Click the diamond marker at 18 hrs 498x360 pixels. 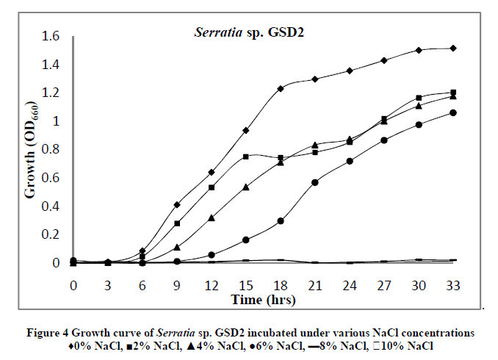click(281, 89)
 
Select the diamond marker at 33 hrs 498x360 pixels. click(453, 48)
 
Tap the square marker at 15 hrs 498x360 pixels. click(246, 156)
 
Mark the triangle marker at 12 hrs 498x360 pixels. click(212, 217)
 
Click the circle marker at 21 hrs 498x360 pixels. click(315, 182)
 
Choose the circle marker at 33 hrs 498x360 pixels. click(453, 113)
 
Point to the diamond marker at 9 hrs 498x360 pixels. click(177, 204)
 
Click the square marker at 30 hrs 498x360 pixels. click(419, 98)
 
